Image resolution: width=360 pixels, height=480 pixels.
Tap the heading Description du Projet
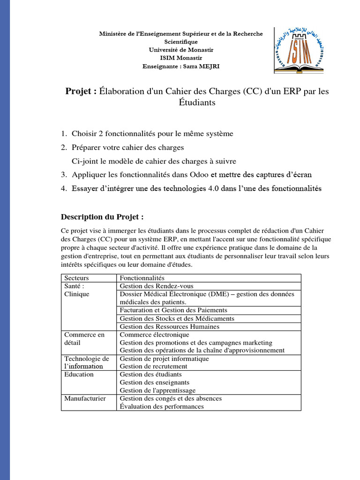(x=102, y=217)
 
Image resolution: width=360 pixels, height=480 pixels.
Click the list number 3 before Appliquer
(x=64, y=174)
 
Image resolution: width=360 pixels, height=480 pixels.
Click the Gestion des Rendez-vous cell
(x=157, y=286)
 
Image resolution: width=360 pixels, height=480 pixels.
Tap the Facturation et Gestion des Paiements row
(x=173, y=310)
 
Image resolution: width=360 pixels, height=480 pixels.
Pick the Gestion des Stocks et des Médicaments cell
(x=177, y=318)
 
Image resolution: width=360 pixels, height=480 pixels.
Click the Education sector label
(x=79, y=375)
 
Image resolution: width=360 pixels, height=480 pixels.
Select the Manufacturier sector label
(x=85, y=398)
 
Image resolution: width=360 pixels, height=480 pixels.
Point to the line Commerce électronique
(x=155, y=335)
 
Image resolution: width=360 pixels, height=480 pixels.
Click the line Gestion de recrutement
(x=154, y=366)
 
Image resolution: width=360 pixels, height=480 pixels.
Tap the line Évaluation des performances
(x=162, y=406)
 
